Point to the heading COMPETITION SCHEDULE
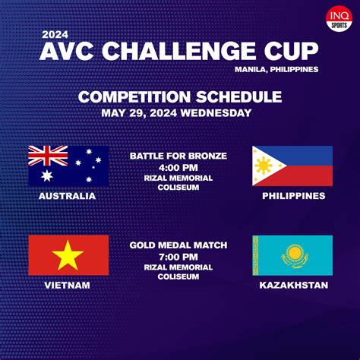tap(180, 97)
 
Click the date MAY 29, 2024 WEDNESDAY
tap(180, 112)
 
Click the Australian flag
tap(68, 166)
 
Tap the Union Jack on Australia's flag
tap(48, 156)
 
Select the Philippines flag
tap(292, 166)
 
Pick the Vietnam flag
tap(68, 255)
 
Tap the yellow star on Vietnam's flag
tap(68, 255)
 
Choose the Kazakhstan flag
tap(292, 255)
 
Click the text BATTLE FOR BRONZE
tap(178, 156)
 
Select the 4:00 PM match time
tap(178, 167)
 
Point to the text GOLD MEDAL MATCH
tap(178, 246)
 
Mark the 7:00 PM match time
tap(178, 257)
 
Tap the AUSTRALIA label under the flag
tap(68, 196)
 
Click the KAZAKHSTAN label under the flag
tap(292, 286)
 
